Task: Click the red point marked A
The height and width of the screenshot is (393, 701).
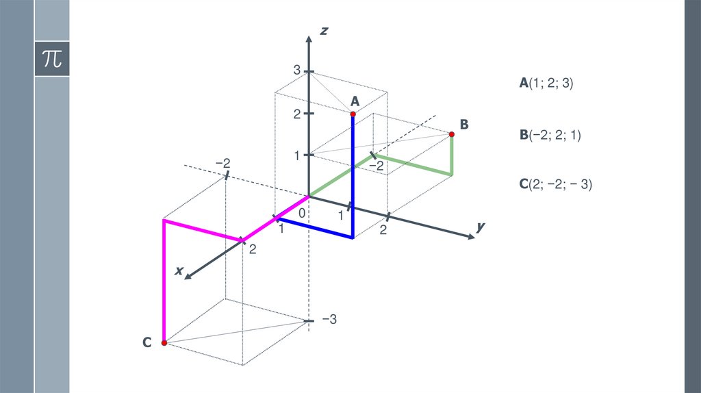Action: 353,113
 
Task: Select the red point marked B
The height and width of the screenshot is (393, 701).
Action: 452,134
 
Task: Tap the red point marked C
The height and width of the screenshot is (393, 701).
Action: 164,342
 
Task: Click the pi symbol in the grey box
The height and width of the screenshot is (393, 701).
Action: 51,58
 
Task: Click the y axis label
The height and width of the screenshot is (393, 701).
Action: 481,226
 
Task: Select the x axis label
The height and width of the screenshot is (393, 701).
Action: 179,271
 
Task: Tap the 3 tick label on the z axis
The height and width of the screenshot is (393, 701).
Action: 297,70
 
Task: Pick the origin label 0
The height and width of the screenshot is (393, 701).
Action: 302,214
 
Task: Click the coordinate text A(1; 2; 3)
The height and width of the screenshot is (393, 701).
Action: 546,84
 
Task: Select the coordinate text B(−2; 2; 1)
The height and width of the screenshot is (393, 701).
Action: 550,135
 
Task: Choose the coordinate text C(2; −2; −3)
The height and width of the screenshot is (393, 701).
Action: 555,183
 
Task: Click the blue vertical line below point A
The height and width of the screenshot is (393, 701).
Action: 353,178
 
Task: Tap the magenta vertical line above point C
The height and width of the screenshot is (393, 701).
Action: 164,281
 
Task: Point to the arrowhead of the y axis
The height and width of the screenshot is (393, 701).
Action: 470,236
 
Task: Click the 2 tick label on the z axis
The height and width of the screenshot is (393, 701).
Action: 297,114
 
